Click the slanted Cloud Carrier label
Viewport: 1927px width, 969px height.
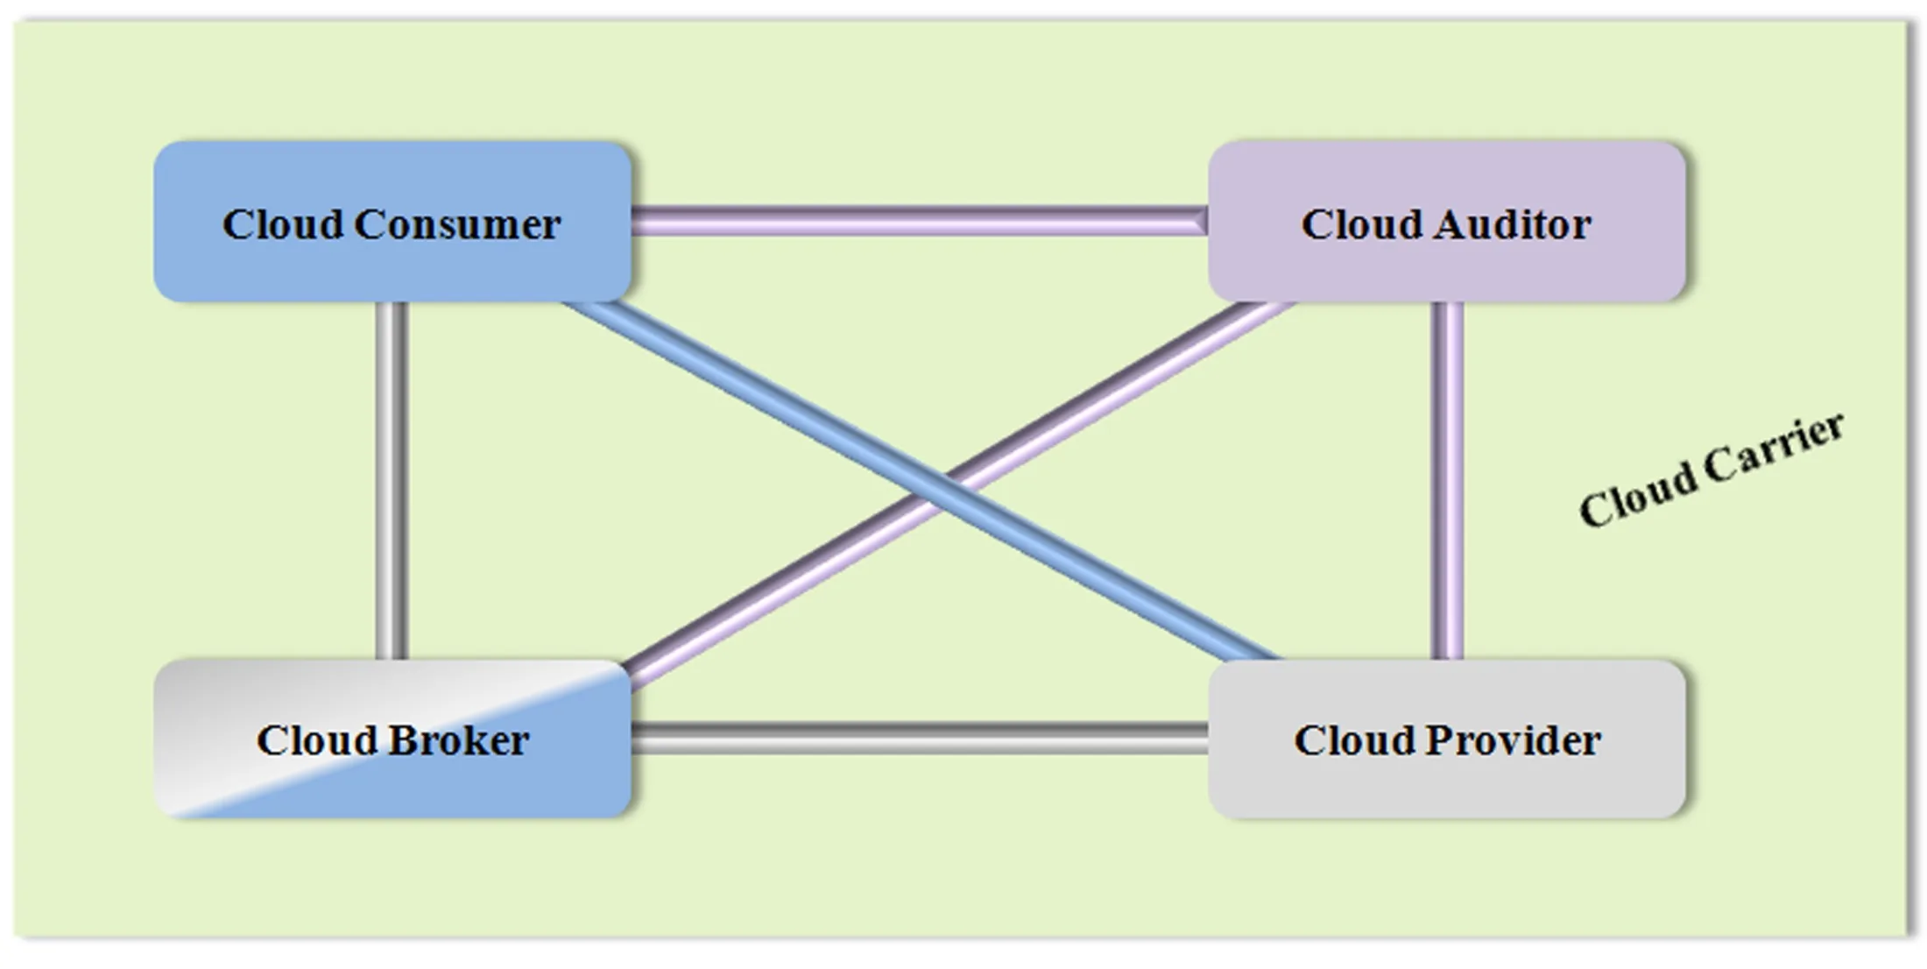1711,471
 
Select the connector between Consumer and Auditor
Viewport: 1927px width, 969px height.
920,221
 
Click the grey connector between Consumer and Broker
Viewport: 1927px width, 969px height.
392,480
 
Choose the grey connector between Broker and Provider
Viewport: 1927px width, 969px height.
920,739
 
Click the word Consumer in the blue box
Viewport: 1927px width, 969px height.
456,225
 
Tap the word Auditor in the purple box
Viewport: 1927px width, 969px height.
1512,225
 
